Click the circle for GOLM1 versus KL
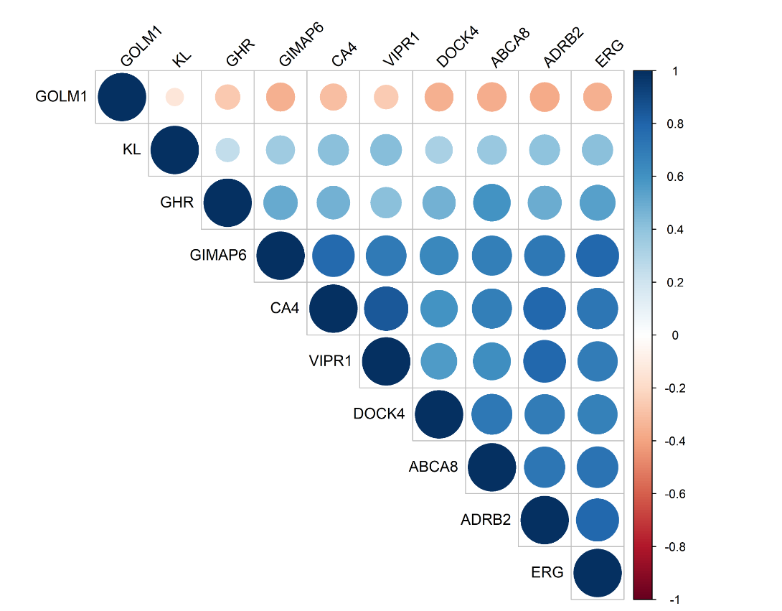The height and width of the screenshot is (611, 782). pyautogui.click(x=174, y=97)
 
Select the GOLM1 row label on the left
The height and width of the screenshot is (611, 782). pyautogui.click(x=61, y=97)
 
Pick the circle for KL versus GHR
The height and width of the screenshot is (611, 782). pyautogui.click(x=227, y=149)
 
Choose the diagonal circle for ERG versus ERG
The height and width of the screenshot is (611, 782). pyautogui.click(x=598, y=572)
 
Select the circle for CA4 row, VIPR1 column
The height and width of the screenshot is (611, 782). pyautogui.click(x=386, y=308)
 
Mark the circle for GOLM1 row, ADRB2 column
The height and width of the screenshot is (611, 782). pyautogui.click(x=545, y=97)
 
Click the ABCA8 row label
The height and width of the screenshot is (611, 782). pyautogui.click(x=433, y=467)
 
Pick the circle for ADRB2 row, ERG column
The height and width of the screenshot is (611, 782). pyautogui.click(x=598, y=520)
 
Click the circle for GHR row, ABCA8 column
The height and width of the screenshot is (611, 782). pyautogui.click(x=491, y=202)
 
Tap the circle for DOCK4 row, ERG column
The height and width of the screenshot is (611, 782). pyautogui.click(x=598, y=414)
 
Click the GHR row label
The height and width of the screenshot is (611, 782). pyautogui.click(x=177, y=202)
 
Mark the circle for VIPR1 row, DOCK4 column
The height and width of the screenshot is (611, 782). pyautogui.click(x=438, y=361)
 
